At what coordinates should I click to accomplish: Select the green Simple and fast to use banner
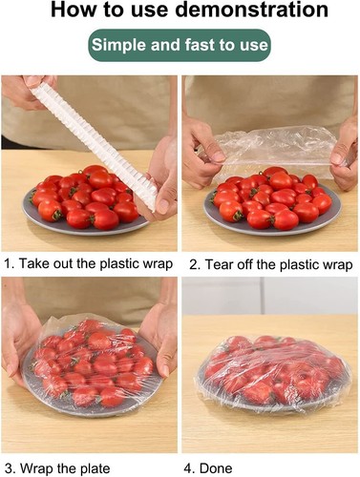coord(180,46)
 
